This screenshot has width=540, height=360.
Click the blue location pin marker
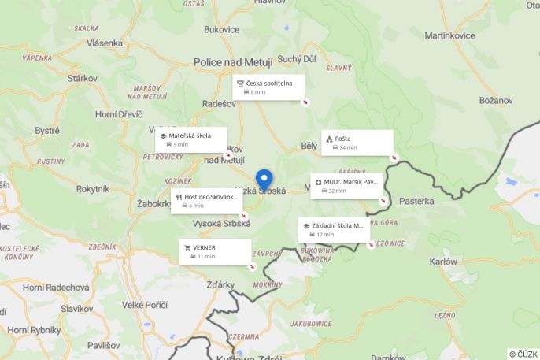coord(264,179)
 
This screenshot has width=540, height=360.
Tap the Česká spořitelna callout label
coord(268,87)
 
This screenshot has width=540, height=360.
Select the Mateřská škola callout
coord(190,139)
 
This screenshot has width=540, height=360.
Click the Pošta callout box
coord(357,143)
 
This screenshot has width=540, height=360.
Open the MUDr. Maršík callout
coord(346,186)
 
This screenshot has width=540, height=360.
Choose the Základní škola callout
coord(334,229)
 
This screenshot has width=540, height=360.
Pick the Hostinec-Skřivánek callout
coord(206,201)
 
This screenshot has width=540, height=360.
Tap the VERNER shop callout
coord(215,251)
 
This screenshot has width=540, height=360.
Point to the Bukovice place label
coord(221,30)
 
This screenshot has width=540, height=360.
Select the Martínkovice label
coord(451,35)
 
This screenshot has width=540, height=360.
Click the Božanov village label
coord(496,100)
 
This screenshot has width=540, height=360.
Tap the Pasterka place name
coord(416,201)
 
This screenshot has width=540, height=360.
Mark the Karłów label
coord(444,261)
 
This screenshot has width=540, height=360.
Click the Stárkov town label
coord(82,78)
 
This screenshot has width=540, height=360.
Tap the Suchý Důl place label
coord(297,59)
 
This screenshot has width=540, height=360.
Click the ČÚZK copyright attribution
coord(523,354)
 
